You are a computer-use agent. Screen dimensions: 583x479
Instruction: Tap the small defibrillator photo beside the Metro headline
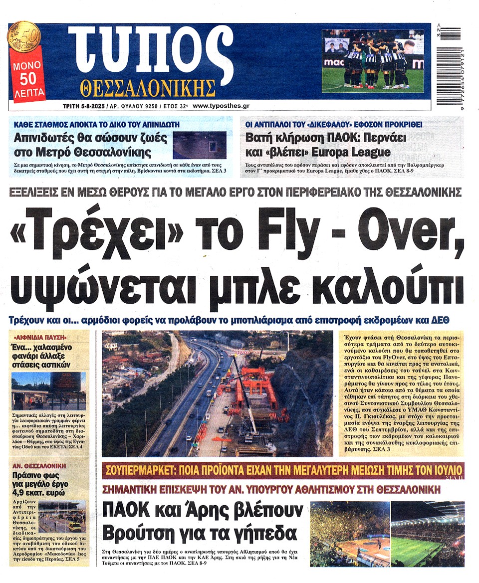click(199, 145)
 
